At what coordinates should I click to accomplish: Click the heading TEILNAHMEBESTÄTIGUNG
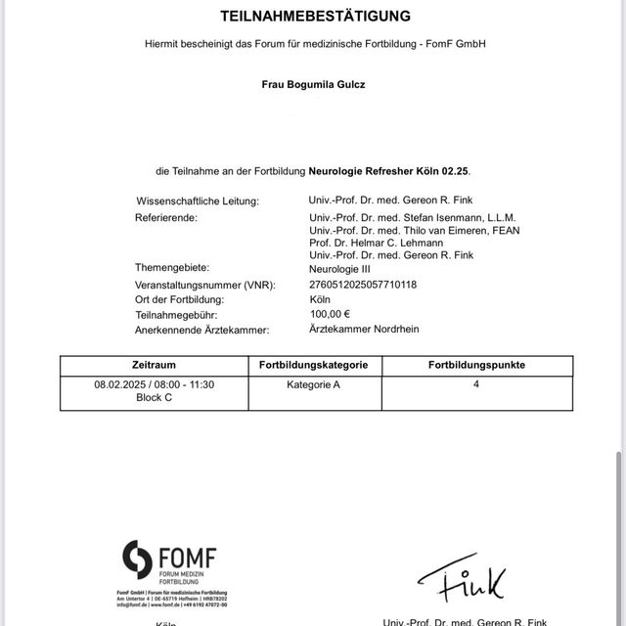click(315, 17)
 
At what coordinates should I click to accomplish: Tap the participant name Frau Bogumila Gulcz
click(315, 84)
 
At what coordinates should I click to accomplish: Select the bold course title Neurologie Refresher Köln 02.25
click(389, 171)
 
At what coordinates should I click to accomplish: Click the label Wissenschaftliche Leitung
click(198, 201)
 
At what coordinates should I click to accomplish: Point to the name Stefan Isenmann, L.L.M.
click(413, 217)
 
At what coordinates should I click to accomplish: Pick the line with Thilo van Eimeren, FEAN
click(414, 230)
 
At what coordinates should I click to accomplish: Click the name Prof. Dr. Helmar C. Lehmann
click(376, 243)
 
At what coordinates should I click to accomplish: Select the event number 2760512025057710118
click(363, 284)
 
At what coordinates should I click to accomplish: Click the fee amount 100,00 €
click(331, 314)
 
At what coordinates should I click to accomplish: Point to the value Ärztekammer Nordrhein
click(364, 330)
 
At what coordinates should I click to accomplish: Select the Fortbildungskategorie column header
click(313, 365)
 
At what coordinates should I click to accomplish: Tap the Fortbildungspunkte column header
click(476, 365)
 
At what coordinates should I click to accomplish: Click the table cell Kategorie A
click(313, 385)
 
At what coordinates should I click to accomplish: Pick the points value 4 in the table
click(476, 385)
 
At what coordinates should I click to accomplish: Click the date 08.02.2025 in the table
click(120, 385)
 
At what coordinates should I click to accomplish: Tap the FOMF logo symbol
click(137, 559)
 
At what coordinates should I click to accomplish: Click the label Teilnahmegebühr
click(177, 315)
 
